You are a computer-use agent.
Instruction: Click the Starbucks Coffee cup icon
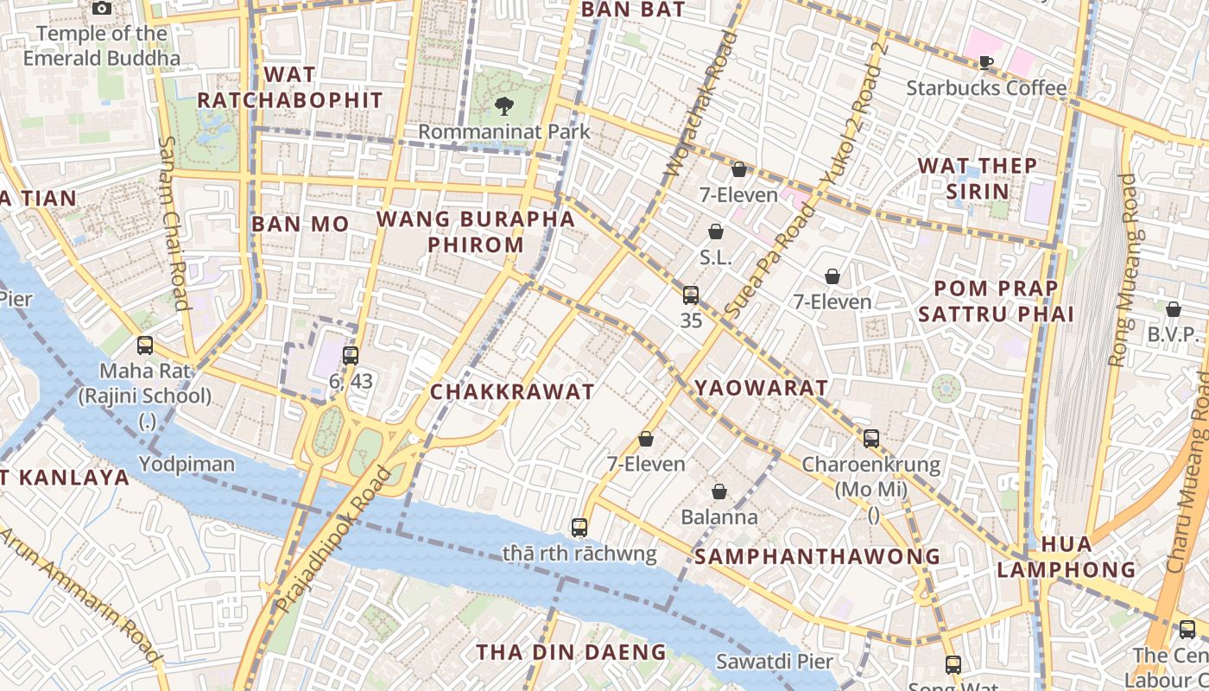coord(986,62)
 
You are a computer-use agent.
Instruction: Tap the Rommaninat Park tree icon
coord(503,106)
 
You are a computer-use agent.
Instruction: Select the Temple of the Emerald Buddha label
coord(102,46)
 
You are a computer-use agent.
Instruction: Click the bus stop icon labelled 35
coord(691,295)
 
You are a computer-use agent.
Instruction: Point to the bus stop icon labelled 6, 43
coord(350,355)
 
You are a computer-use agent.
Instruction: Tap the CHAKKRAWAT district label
coord(513,391)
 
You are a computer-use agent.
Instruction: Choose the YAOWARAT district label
coord(761,388)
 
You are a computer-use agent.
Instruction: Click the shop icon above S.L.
coord(716,231)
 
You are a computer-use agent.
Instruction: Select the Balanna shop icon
coord(719,491)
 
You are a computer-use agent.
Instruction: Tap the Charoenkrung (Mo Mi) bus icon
coord(871,439)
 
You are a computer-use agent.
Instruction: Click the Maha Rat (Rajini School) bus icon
coord(145,345)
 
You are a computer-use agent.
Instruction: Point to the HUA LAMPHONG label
coord(1067,556)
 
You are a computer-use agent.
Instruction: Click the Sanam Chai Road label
coord(174,223)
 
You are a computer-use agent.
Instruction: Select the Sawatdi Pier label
coord(775,662)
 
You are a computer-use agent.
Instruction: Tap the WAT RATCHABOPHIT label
coord(290,87)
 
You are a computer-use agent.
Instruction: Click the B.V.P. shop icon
coord(1174,309)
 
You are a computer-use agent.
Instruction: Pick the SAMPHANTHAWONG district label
coord(817,556)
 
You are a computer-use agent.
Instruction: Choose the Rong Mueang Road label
coord(1124,269)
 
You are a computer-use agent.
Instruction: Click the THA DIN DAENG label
coord(572,652)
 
